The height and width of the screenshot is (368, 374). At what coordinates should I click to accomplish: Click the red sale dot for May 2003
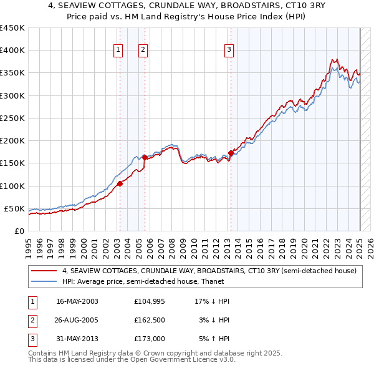pyautogui.click(x=120, y=183)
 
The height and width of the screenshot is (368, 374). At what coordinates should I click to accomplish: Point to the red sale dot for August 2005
pyautogui.click(x=145, y=158)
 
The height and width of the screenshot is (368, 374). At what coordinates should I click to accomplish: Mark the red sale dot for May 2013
pyautogui.click(x=231, y=153)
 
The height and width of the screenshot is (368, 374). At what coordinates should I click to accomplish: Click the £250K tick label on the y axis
pyautogui.click(x=12, y=118)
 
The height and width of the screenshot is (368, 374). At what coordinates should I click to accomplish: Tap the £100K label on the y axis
pyautogui.click(x=12, y=186)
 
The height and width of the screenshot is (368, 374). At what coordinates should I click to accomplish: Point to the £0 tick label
pyautogui.click(x=19, y=231)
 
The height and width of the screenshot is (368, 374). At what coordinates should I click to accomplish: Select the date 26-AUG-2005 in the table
pyautogui.click(x=77, y=320)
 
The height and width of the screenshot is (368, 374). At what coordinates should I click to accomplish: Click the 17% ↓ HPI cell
pyautogui.click(x=212, y=301)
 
